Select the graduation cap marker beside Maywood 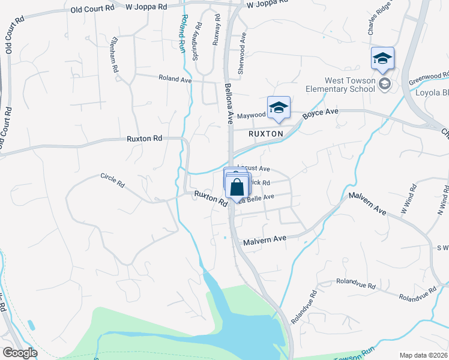[279, 108]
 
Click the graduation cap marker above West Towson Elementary [382, 59]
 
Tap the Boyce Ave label [321, 112]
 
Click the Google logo [19, 353]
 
